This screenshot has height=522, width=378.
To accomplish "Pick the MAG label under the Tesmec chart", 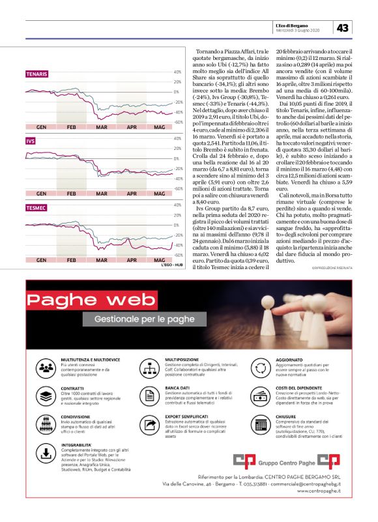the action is pos(159,259).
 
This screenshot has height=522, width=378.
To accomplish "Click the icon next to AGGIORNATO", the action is pos(262,366).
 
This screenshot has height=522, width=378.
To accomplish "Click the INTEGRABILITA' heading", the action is pos(78,445).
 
